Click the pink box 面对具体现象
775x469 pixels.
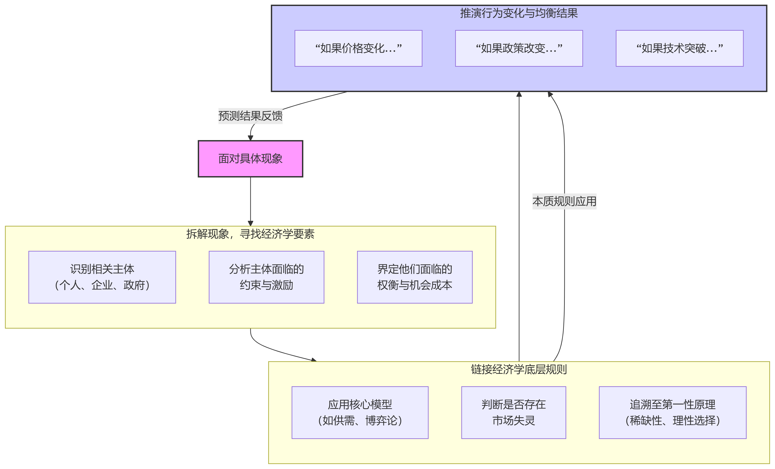click(x=250, y=159)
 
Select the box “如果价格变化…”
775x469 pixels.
click(x=358, y=48)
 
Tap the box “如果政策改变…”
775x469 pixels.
click(x=519, y=48)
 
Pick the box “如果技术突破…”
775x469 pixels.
click(x=679, y=48)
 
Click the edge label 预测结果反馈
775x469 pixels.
click(x=250, y=116)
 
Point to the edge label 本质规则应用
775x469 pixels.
click(x=564, y=201)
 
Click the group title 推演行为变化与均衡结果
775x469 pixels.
click(x=519, y=13)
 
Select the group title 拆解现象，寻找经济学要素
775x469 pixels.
click(x=250, y=234)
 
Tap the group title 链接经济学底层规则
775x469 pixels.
click(x=519, y=369)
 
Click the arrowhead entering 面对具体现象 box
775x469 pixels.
click(x=250, y=138)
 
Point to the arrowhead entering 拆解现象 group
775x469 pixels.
click(x=250, y=223)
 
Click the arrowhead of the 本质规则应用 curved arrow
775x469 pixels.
click(x=550, y=94)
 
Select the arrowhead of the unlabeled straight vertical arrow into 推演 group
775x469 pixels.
click(x=519, y=94)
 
